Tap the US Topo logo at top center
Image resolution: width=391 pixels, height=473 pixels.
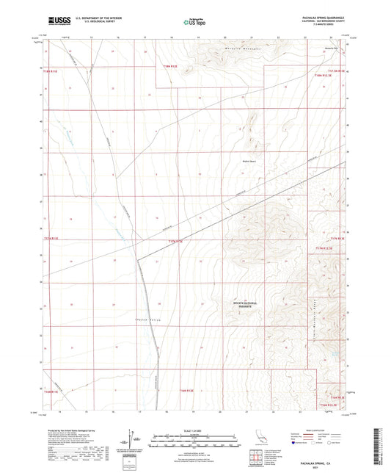pyautogui.click(x=194, y=23)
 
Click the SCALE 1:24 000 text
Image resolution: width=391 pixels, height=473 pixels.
pyautogui.click(x=195, y=430)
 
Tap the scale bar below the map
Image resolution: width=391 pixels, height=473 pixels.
pyautogui.click(x=195, y=436)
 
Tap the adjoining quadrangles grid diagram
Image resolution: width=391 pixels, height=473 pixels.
pyautogui.click(x=258, y=455)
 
